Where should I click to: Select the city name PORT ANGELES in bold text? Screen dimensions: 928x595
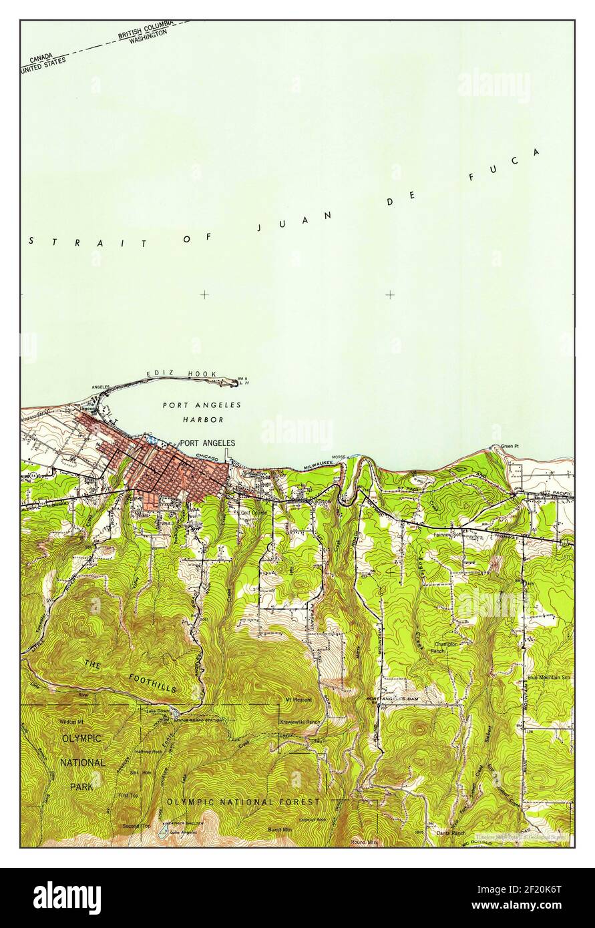207,443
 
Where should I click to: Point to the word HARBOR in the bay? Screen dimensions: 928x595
202,419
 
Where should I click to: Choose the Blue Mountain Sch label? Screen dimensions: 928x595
550,678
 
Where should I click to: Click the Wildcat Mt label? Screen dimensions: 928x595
71,722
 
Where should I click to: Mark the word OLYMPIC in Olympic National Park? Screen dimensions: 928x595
81,738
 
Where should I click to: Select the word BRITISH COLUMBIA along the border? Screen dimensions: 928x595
146,30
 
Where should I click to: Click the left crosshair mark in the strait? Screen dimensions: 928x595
204,294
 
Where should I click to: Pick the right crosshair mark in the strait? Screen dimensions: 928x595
390,294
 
